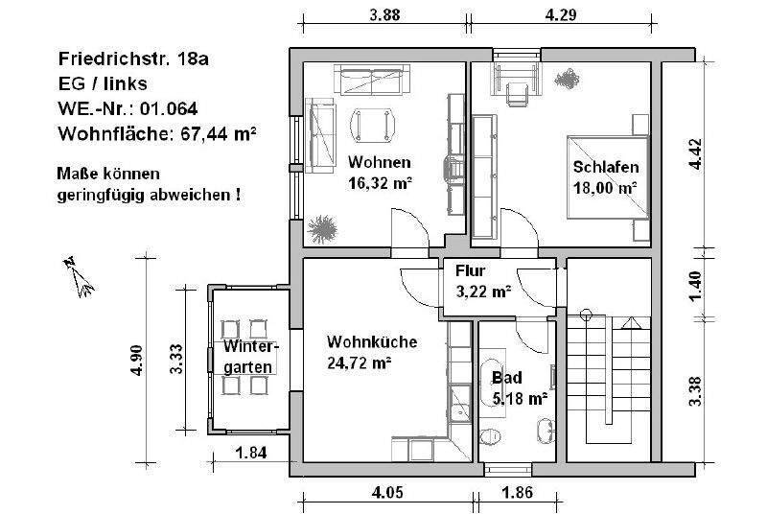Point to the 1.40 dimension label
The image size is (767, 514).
click(697, 285)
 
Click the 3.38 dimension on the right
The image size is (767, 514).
click(697, 390)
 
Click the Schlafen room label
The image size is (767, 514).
click(605, 167)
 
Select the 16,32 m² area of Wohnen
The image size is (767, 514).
click(381, 181)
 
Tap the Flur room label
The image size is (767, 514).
click(471, 271)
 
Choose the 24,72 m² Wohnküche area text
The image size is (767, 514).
click(360, 362)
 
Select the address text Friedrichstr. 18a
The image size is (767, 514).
click(133, 58)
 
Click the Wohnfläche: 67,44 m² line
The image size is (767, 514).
click(157, 132)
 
